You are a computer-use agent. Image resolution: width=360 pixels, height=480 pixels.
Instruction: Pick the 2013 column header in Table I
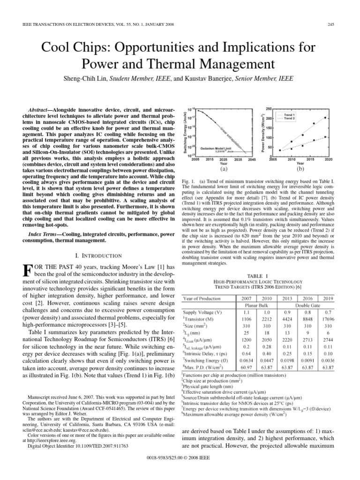[x=285, y=298]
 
